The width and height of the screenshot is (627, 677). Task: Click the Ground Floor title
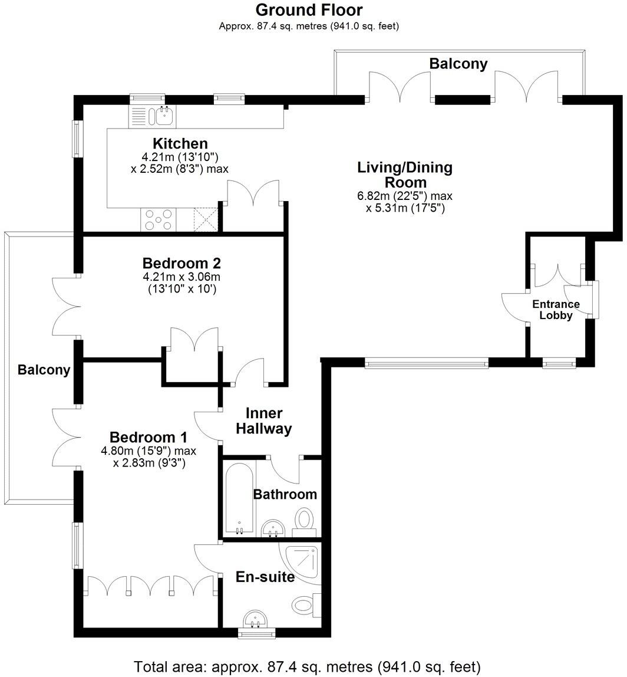click(x=309, y=10)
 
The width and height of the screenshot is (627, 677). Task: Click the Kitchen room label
click(x=180, y=143)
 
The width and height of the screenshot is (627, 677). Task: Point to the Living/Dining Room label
click(x=405, y=175)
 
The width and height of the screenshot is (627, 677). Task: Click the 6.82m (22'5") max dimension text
click(x=405, y=196)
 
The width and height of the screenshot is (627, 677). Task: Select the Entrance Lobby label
click(x=556, y=310)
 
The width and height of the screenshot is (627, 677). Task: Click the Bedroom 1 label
click(x=148, y=438)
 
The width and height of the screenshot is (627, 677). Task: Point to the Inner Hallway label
click(x=263, y=421)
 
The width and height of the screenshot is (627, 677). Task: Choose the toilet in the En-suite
click(x=305, y=604)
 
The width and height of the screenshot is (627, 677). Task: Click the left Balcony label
click(x=44, y=370)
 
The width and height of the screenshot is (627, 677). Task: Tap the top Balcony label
click(x=458, y=64)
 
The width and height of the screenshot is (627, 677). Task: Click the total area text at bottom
click(x=308, y=667)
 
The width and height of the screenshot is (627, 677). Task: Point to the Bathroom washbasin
click(x=273, y=528)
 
